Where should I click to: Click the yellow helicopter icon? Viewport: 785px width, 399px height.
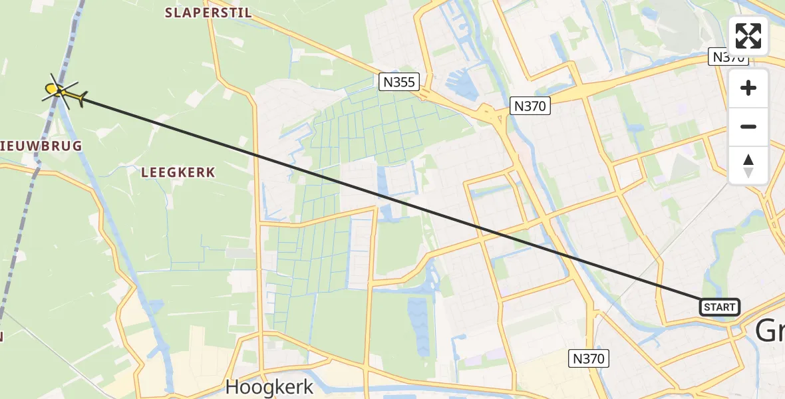click(x=64, y=93)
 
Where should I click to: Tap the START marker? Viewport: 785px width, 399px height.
click(x=719, y=307)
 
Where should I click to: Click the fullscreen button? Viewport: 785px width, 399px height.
click(x=748, y=36)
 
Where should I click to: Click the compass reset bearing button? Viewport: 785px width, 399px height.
click(x=748, y=166)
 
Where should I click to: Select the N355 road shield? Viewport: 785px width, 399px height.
click(x=399, y=82)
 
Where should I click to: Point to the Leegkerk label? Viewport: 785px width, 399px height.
click(x=178, y=172)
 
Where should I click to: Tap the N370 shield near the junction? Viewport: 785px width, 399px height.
click(x=530, y=105)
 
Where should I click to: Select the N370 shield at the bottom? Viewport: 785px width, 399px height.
click(x=589, y=359)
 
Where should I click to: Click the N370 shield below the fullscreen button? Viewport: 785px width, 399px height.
click(x=729, y=58)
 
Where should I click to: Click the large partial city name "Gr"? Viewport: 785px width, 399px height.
click(x=770, y=331)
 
